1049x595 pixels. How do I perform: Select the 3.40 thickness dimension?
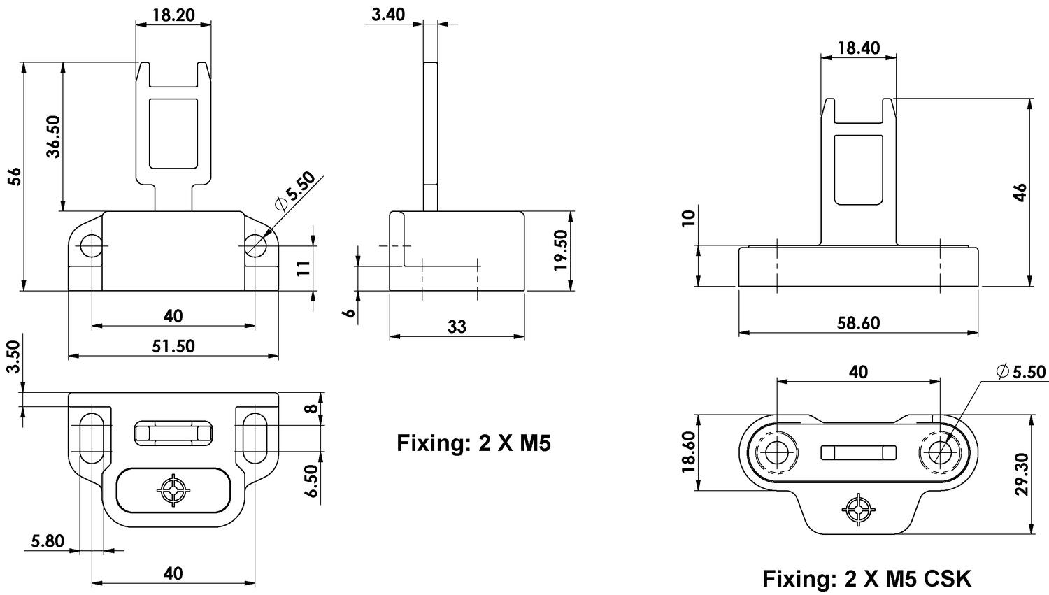[x=388, y=14]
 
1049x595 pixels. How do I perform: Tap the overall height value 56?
[x=14, y=176]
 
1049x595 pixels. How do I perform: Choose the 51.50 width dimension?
[x=173, y=345]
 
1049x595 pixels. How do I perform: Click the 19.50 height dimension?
[x=561, y=250]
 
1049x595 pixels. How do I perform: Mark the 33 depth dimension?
[x=457, y=326]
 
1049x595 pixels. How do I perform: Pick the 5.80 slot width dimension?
[x=48, y=540]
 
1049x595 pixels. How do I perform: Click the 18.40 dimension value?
[x=857, y=48]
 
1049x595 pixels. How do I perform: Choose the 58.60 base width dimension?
[x=858, y=322]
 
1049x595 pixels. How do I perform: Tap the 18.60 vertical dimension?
[x=688, y=452]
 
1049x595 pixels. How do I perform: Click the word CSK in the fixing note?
[x=948, y=579]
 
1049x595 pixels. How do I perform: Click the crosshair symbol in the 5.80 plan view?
[x=172, y=489]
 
